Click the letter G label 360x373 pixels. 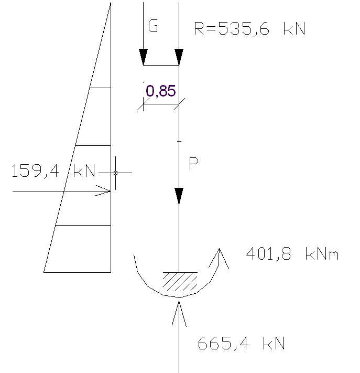[x=153, y=27]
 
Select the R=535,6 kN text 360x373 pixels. [x=249, y=28]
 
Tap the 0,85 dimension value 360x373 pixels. [x=160, y=91]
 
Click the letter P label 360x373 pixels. [x=193, y=164]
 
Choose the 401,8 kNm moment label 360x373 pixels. [x=292, y=255]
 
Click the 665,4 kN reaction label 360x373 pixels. [x=242, y=344]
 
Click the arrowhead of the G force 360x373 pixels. [x=143, y=57]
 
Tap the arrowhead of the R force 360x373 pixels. [x=179, y=57]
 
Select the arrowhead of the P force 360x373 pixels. [x=179, y=196]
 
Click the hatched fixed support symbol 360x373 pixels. [x=179, y=281]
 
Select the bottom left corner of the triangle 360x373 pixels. [x=44, y=272]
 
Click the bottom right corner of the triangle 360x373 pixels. [x=111, y=272]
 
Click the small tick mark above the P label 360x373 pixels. [x=179, y=141]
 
